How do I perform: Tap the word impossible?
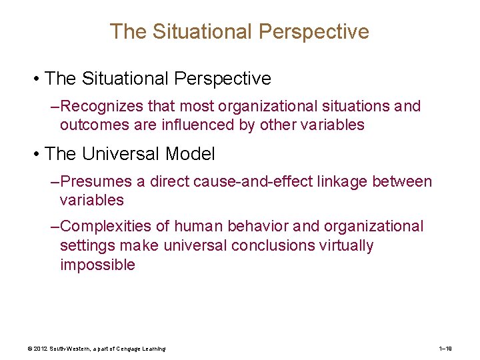(x=97, y=265)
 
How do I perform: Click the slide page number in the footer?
(x=446, y=349)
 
